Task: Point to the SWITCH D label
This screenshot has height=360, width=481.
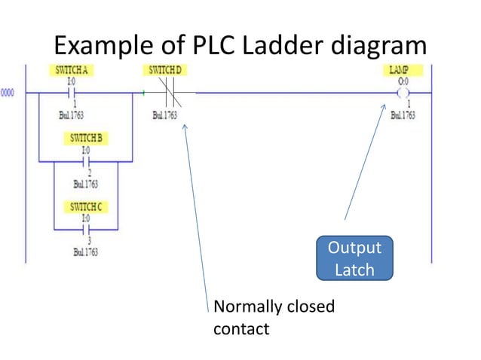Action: [165, 70]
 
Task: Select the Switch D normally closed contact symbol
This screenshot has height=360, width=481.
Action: [165, 93]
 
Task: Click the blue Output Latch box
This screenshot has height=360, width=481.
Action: [354, 258]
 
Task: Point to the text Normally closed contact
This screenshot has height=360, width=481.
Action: [274, 317]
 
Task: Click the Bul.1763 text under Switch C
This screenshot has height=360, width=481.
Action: [85, 252]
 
